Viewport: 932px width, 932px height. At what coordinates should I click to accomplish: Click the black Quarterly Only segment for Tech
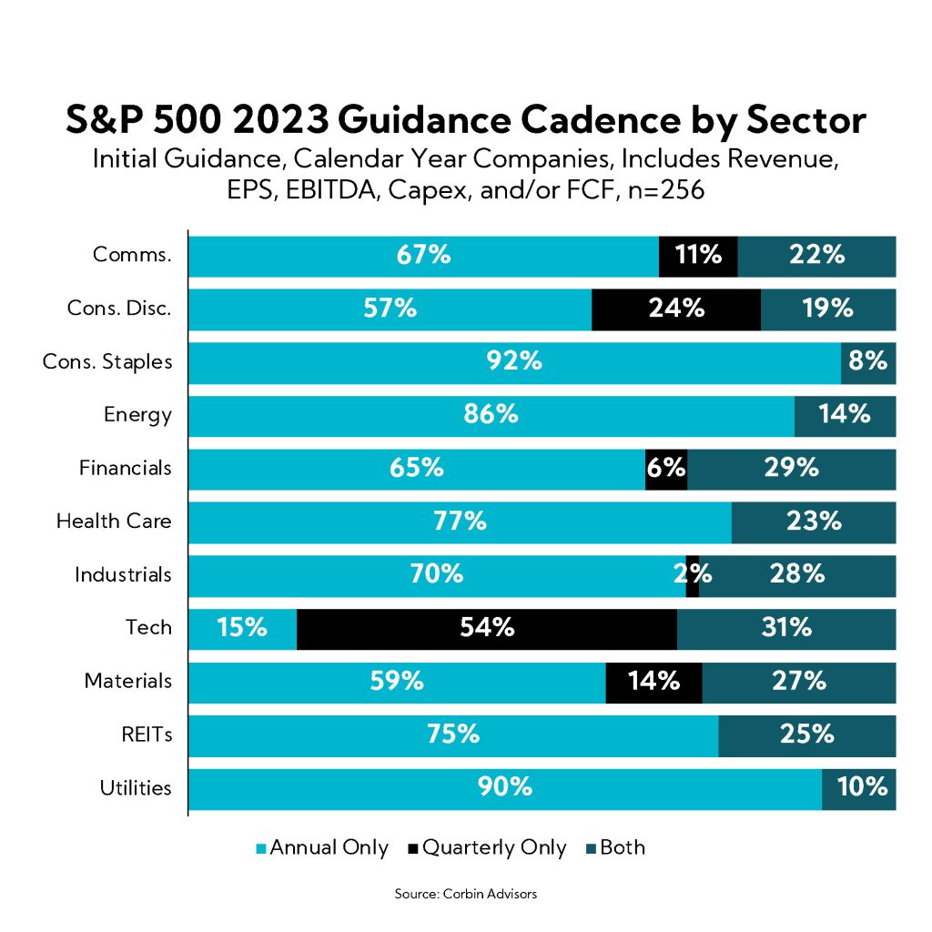click(487, 628)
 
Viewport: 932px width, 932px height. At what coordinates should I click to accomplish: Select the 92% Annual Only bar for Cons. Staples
click(514, 362)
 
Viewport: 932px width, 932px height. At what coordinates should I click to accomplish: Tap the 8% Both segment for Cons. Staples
click(868, 362)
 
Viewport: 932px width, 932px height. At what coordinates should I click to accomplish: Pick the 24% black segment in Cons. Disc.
click(675, 309)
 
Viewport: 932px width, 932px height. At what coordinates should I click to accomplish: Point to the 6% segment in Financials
click(666, 469)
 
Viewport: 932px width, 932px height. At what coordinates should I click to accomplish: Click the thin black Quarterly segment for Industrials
click(693, 575)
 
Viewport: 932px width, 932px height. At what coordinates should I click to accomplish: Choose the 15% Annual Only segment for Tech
click(242, 628)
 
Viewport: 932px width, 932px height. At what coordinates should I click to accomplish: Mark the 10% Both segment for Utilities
click(858, 788)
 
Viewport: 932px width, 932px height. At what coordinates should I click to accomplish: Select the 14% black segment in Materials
click(653, 682)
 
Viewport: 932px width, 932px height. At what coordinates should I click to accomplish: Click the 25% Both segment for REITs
click(806, 734)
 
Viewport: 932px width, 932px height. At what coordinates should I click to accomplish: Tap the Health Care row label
click(114, 522)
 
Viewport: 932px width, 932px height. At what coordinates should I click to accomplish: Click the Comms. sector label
click(132, 256)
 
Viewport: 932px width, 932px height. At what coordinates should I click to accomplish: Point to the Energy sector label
click(137, 415)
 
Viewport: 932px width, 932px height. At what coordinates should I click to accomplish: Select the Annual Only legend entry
click(323, 848)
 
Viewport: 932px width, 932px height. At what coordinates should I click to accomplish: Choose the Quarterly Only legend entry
click(488, 848)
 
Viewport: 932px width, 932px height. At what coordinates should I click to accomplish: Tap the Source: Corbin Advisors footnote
click(465, 894)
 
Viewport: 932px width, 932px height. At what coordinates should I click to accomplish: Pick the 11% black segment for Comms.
click(697, 256)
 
